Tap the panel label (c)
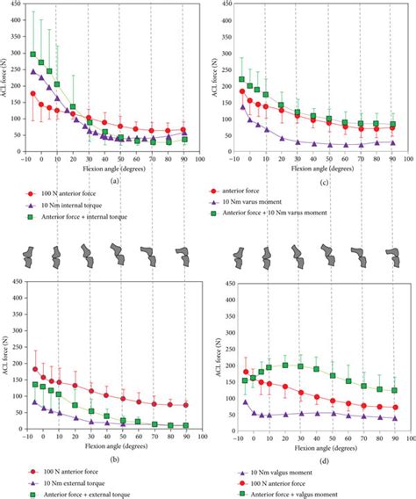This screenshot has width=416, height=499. tap(312, 181)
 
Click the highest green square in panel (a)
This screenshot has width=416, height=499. tap(33, 54)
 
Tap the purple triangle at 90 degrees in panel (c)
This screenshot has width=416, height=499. tap(391, 141)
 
